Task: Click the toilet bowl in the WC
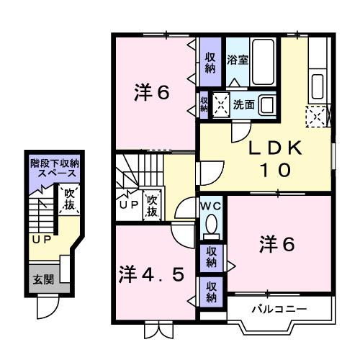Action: pos(212,227)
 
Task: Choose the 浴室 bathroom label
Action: pos(238,59)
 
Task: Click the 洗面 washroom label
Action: pos(243,104)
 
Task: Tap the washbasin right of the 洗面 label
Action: pos(267,104)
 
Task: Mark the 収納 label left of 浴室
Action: pos(210,63)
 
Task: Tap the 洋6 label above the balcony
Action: pos(277,246)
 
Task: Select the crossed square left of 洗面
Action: pos(219,105)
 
